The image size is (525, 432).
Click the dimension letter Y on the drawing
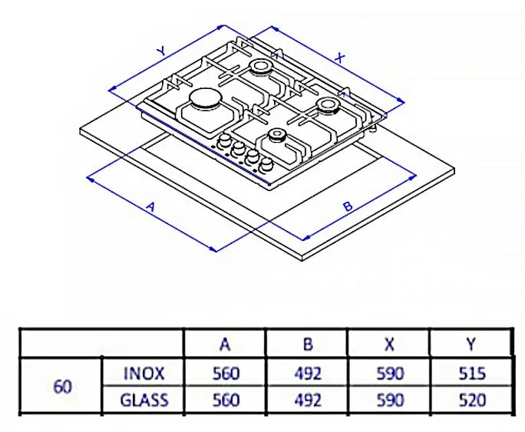click(x=160, y=50)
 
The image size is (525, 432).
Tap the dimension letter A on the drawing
click(x=151, y=207)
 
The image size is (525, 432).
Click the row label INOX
click(x=144, y=373)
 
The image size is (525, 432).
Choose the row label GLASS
click(x=144, y=399)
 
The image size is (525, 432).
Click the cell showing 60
click(x=63, y=386)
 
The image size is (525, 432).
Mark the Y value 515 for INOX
click(x=471, y=373)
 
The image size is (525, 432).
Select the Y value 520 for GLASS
click(x=471, y=399)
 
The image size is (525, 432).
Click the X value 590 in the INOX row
click(x=389, y=373)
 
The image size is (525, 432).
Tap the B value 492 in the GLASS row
click(x=307, y=399)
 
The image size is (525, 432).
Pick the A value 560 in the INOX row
click(x=225, y=373)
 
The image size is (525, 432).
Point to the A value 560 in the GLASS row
click(x=225, y=399)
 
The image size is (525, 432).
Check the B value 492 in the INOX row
click(x=307, y=373)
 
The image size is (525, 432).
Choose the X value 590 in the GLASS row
click(x=389, y=399)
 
